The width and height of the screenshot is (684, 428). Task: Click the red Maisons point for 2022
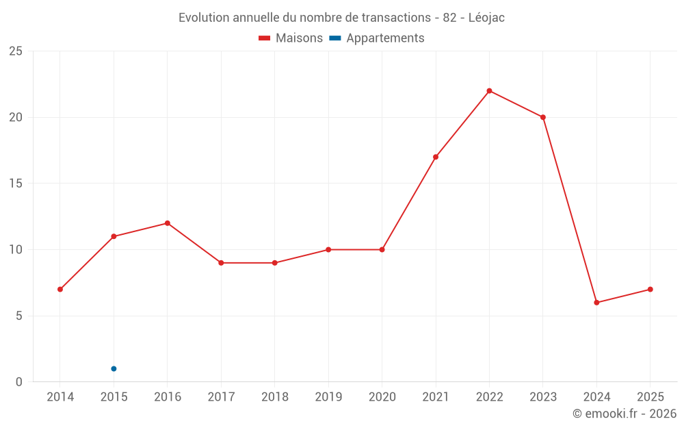click(x=489, y=91)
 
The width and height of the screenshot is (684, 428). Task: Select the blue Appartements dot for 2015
click(x=114, y=369)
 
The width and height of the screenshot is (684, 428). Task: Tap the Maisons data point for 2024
click(x=596, y=303)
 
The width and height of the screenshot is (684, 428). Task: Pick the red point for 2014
click(x=60, y=290)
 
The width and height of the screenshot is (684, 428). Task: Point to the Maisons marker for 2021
click(x=436, y=157)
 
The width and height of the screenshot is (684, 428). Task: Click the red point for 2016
click(x=168, y=223)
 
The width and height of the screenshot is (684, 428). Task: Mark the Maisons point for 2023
click(x=543, y=117)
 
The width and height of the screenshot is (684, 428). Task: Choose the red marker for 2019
click(x=328, y=250)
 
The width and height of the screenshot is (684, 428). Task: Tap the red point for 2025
click(x=650, y=290)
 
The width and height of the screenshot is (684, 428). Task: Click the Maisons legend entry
click(x=291, y=38)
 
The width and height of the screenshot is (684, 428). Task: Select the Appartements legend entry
click(x=377, y=38)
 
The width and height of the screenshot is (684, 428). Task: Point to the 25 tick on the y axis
click(x=16, y=51)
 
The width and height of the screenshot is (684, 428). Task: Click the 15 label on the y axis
click(x=16, y=184)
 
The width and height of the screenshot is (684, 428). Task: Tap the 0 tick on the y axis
click(x=19, y=382)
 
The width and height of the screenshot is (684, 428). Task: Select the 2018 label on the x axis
click(x=275, y=397)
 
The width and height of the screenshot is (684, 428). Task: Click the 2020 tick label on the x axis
click(x=382, y=397)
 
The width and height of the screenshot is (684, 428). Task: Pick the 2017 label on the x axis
click(x=221, y=397)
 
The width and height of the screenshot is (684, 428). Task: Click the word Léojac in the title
click(x=486, y=18)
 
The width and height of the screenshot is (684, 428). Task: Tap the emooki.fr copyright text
click(x=624, y=414)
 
